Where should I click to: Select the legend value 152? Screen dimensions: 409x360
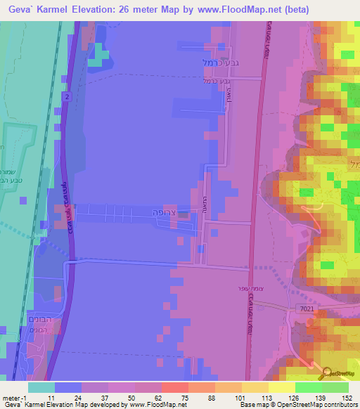pos(347,398)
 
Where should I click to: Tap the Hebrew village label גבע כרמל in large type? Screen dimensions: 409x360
pos(210,62)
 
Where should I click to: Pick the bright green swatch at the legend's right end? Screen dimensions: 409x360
pos(335,387)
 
